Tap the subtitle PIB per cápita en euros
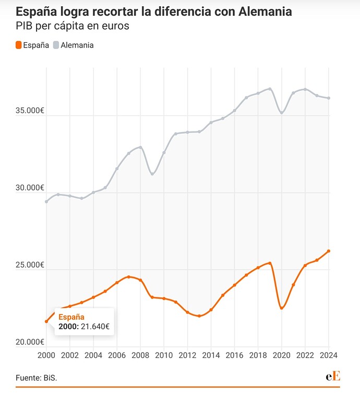point(73,26)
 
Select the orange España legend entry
point(33,45)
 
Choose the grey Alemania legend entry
point(74,45)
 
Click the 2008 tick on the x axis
point(140,355)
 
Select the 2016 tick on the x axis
point(234,355)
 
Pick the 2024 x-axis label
point(329,355)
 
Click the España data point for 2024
point(329,251)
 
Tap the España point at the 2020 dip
point(282,308)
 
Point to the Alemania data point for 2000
point(46,201)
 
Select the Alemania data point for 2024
point(329,98)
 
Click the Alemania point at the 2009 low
point(152,174)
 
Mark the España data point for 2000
point(46,321)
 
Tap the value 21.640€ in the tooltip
point(95,326)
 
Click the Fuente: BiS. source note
point(36,377)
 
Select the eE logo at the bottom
point(333,376)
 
